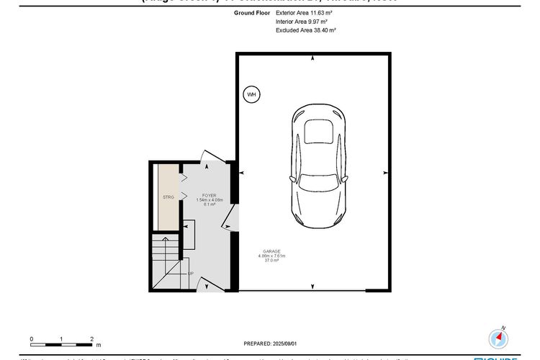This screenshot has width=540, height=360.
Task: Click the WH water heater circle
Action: click(x=251, y=94)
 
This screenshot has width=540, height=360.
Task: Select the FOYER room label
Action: click(x=210, y=195)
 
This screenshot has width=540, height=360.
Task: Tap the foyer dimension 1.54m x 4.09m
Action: click(x=210, y=200)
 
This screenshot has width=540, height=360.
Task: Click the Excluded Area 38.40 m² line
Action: click(x=306, y=31)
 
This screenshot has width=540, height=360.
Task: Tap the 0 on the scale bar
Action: click(x=32, y=338)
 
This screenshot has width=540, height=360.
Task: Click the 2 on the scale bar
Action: click(x=92, y=338)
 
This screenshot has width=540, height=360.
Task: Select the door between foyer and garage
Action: click(x=232, y=217)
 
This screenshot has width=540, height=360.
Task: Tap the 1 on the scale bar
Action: click(x=62, y=338)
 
